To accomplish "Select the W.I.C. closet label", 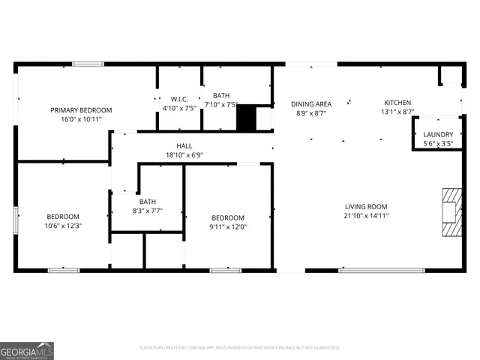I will click(x=179, y=98).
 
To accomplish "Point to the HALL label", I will click(x=184, y=146).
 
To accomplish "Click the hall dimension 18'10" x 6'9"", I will click(x=184, y=155).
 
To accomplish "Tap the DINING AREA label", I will click(x=310, y=104).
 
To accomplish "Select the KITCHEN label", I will click(x=397, y=103).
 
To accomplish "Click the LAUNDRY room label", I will click(x=438, y=134).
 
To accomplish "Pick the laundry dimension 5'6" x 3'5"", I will click(x=438, y=143).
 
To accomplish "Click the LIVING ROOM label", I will click(x=366, y=207).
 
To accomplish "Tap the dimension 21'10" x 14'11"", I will click(x=366, y=216).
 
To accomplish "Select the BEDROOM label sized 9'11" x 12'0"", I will click(x=227, y=217).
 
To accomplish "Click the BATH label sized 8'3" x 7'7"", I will click(x=147, y=201).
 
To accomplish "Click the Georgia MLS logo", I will click(x=27, y=350).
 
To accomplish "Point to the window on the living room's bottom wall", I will click(x=371, y=270).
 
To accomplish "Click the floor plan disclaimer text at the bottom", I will click(x=240, y=347).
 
